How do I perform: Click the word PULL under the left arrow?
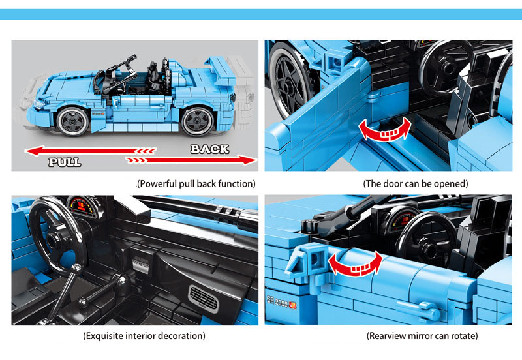[65, 162]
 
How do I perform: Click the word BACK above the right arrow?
[209, 149]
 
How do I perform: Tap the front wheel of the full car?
[72, 121]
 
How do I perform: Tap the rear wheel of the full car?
[198, 121]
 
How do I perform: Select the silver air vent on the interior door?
[204, 298]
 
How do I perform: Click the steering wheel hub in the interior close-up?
[54, 239]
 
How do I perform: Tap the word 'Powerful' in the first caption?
[157, 184]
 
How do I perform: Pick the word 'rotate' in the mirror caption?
[464, 336]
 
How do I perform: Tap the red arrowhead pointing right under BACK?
[247, 160]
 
